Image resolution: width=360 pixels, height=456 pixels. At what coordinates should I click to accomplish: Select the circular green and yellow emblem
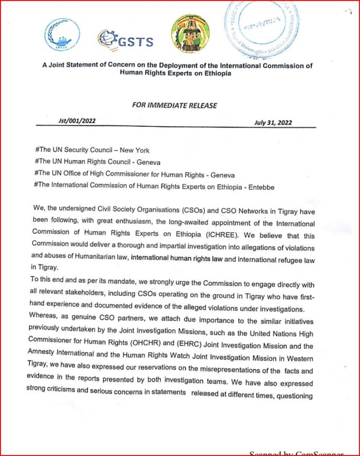tap(190, 33)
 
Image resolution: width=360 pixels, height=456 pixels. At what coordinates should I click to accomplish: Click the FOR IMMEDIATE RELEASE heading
tap(174, 105)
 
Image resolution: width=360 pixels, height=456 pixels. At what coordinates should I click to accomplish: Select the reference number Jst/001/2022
tap(77, 121)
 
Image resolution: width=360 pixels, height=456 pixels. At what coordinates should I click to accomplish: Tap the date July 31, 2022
tap(273, 123)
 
